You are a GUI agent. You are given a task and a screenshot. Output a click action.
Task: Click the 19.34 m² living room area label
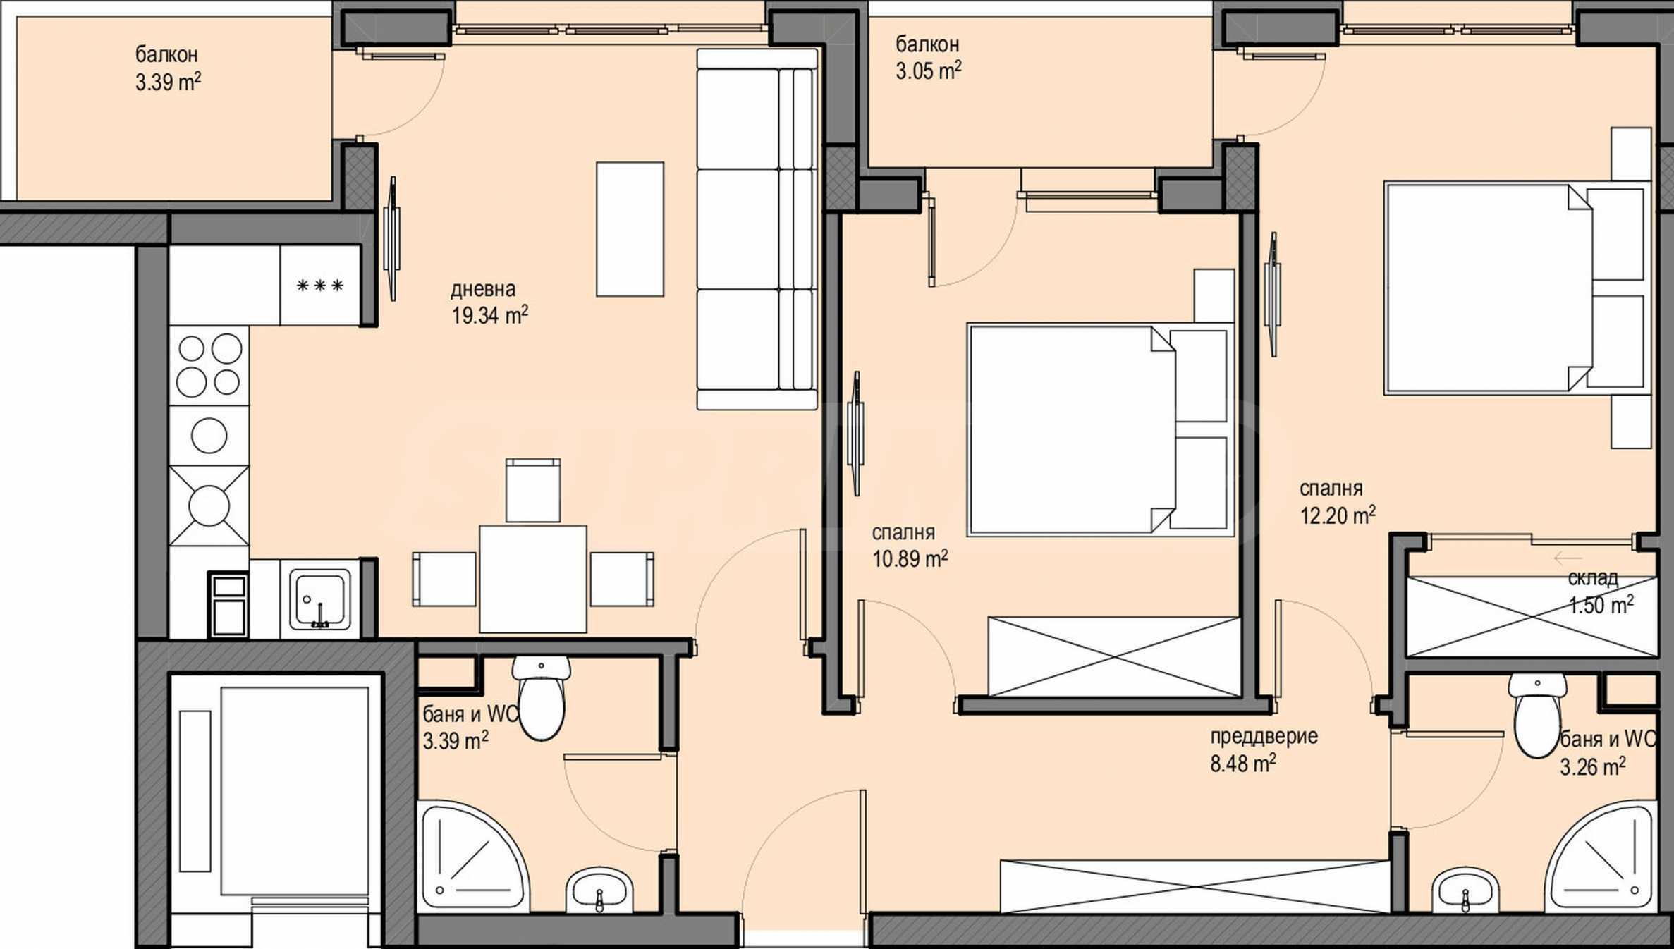(489, 314)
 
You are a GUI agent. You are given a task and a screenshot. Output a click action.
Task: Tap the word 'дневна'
(483, 289)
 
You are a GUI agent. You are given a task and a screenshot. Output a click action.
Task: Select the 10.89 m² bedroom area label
(910, 558)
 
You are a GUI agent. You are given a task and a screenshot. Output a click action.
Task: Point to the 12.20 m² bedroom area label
(1338, 515)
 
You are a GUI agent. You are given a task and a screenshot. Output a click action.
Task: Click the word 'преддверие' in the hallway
(1264, 737)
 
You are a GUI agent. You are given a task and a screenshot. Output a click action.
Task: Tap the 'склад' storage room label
(1593, 578)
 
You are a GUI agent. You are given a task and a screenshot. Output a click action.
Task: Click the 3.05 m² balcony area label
(929, 71)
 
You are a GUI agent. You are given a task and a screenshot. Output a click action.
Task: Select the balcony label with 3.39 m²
(168, 68)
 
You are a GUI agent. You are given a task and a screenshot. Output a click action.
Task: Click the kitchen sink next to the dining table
(320, 600)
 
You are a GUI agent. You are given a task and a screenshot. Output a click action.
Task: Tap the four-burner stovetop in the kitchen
(209, 365)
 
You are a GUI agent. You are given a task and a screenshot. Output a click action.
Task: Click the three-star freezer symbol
(320, 286)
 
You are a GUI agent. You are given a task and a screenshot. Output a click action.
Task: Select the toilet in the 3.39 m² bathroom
(541, 698)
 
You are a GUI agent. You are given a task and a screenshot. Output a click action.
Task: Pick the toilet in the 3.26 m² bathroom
(1537, 715)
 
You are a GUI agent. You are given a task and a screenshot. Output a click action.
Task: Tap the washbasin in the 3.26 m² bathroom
(1465, 890)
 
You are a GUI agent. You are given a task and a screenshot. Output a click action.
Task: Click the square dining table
(532, 579)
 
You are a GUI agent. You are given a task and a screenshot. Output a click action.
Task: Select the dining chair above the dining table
(533, 491)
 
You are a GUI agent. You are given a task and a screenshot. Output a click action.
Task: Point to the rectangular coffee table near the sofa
(630, 229)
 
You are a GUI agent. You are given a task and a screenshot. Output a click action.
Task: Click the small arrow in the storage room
(1567, 558)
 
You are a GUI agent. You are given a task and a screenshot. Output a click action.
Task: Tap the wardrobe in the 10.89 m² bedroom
(1113, 657)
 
